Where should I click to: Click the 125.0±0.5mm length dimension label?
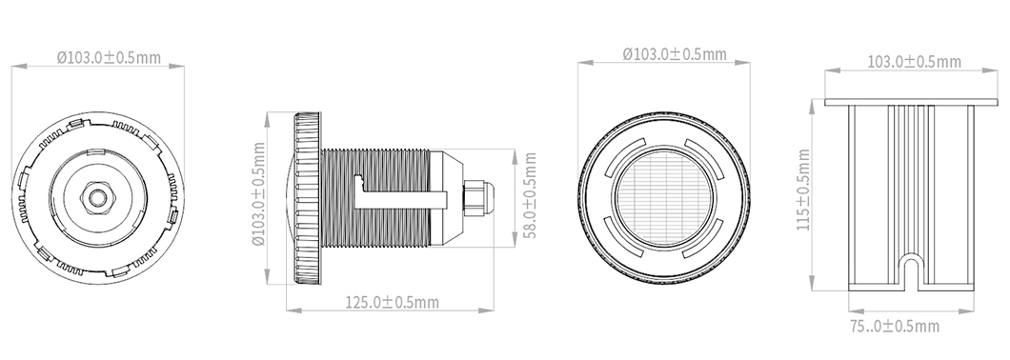(x=393, y=302)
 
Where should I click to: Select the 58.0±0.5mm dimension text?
(x=530, y=195)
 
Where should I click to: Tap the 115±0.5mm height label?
(x=803, y=190)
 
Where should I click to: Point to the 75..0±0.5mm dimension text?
(x=894, y=327)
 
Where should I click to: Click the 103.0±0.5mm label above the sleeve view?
(x=914, y=62)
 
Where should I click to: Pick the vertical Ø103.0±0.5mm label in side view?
(x=259, y=194)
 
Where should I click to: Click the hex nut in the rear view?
(x=97, y=198)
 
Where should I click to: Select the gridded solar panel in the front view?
(x=664, y=198)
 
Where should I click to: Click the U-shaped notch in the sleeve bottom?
(x=910, y=270)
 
